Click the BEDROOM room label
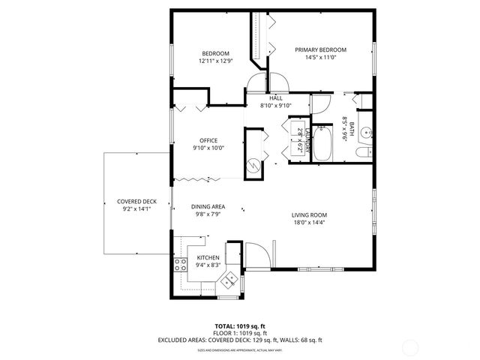[x=214, y=53]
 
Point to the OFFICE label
[x=208, y=140]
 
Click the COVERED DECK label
[x=136, y=202]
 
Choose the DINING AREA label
[x=208, y=207]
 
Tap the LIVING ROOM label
[x=310, y=215]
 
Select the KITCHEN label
[x=208, y=257]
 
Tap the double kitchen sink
[x=229, y=280]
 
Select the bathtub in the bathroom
[x=324, y=143]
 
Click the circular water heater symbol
[x=253, y=166]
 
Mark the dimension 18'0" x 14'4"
[x=310, y=223]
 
